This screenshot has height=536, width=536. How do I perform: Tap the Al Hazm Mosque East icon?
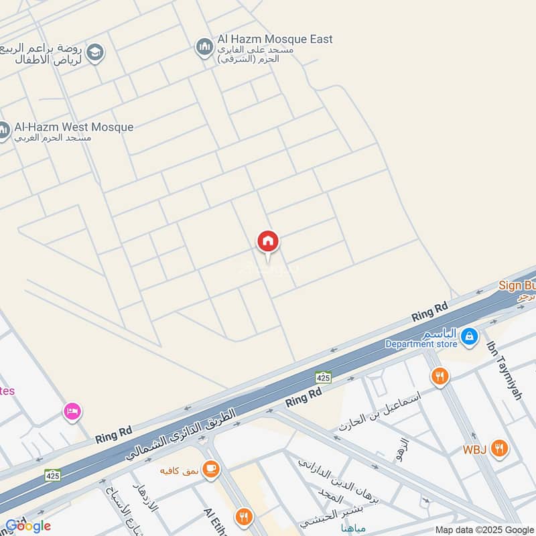[x=204, y=48]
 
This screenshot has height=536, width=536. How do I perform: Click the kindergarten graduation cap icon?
[x=95, y=53]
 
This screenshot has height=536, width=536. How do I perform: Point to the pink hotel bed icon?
[x=72, y=411]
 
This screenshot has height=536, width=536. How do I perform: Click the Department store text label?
[x=421, y=344]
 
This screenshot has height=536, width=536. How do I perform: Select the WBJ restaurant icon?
[x=498, y=448]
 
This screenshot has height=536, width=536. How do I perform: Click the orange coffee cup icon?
[x=211, y=470]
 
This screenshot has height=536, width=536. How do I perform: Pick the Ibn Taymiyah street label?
[x=505, y=371]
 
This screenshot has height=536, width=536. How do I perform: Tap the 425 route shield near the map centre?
[x=324, y=377]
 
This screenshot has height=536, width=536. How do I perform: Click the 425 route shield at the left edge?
[x=52, y=475]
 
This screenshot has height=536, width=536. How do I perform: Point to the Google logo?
[x=28, y=526]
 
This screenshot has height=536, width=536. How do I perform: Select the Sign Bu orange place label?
[x=517, y=285]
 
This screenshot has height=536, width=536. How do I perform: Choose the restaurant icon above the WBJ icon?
[x=440, y=377]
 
